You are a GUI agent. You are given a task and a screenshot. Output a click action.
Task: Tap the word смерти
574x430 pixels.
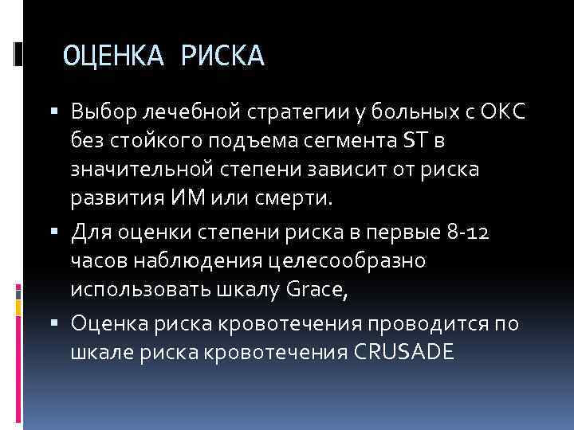pyautogui.click(x=302, y=197)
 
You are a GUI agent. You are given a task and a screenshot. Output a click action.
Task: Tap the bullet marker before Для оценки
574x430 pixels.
pyautogui.click(x=60, y=233)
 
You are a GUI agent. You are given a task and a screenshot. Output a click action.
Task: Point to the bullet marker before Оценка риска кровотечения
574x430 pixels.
pyautogui.click(x=60, y=323)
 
